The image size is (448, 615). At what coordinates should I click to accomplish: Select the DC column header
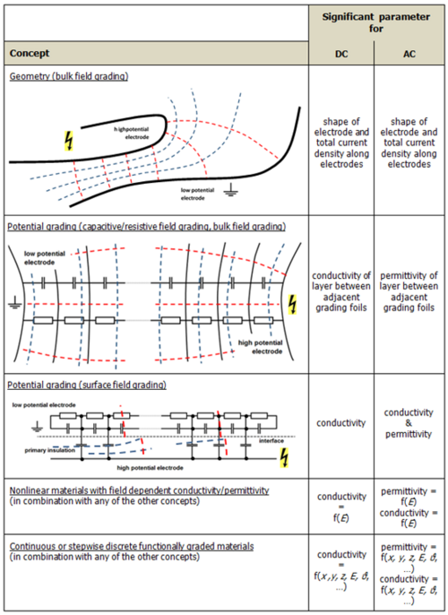340,53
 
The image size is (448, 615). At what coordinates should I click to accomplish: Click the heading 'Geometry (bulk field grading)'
68,76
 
